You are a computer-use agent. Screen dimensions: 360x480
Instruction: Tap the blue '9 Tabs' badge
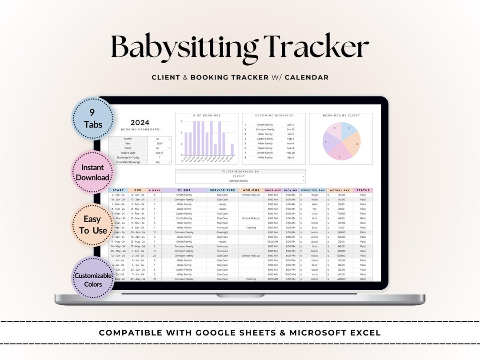[92, 118]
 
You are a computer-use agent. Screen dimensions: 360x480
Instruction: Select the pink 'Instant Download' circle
[92, 172]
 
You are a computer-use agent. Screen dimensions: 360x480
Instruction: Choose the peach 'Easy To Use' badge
[92, 224]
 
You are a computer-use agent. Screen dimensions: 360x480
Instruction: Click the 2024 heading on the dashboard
[140, 123]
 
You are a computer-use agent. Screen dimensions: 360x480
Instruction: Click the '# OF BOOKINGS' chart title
[207, 116]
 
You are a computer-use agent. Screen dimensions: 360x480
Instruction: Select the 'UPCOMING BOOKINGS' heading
[274, 116]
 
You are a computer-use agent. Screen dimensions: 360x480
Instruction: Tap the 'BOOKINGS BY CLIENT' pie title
[341, 116]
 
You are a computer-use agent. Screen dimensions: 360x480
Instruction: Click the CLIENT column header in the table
[184, 190]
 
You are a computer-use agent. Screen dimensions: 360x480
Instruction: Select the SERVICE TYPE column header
[222, 190]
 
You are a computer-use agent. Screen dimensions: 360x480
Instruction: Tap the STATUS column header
[363, 190]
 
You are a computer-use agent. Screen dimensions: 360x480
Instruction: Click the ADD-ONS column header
[251, 190]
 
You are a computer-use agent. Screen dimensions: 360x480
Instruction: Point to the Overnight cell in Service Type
[222, 232]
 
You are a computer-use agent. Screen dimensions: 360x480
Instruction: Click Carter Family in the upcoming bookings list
[265, 139]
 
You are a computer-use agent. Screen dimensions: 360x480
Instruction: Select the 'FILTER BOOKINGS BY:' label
[240, 171]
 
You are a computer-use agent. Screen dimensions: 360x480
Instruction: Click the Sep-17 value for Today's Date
[160, 153]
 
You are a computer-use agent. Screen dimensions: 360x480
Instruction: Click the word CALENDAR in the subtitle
[307, 77]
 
